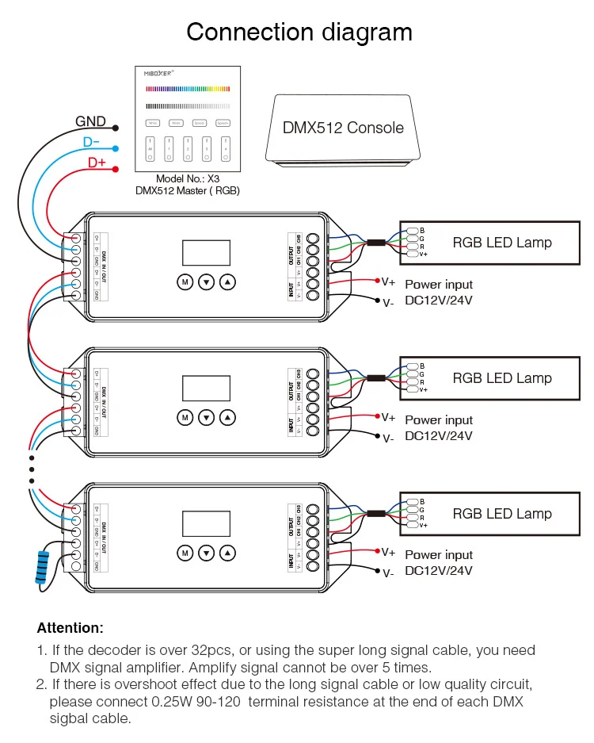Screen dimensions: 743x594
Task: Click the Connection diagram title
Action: pyautogui.click(x=299, y=33)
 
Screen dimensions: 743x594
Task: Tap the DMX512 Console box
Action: pyautogui.click(x=342, y=128)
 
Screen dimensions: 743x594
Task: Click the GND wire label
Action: pyautogui.click(x=90, y=122)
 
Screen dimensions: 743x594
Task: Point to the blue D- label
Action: pyautogui.click(x=91, y=143)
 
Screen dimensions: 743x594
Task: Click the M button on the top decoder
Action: pyautogui.click(x=185, y=281)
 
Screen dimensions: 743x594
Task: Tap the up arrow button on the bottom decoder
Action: pyautogui.click(x=228, y=552)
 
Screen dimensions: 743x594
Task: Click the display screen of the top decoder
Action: pyautogui.click(x=206, y=252)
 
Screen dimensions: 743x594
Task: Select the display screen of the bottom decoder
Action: pyautogui.click(x=206, y=523)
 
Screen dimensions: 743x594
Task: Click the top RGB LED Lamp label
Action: pyautogui.click(x=501, y=243)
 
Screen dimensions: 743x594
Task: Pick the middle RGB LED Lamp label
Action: pyautogui.click(x=501, y=378)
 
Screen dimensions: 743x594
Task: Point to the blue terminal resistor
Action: pyautogui.click(x=42, y=565)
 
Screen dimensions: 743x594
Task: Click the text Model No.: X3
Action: pyautogui.click(x=187, y=179)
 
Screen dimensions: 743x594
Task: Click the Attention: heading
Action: pyautogui.click(x=70, y=628)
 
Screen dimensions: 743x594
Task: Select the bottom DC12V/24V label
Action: pyautogui.click(x=439, y=570)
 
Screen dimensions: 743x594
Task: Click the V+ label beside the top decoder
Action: pyautogui.click(x=388, y=281)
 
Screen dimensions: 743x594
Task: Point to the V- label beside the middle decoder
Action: pyautogui.click(x=388, y=438)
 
